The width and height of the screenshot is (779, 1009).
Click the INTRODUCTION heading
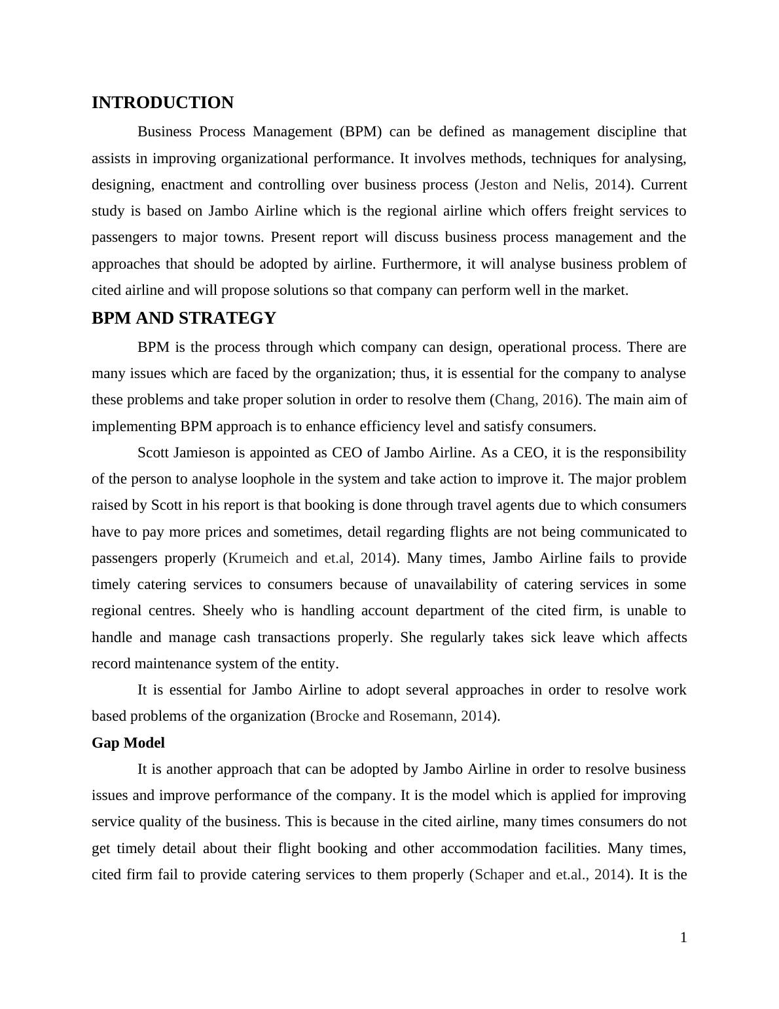162,103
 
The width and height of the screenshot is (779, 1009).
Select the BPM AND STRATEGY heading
184,318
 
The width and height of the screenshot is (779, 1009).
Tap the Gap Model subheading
128,743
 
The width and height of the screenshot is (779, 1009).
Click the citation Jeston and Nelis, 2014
553,185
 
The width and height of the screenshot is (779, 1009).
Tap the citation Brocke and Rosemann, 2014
403,716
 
